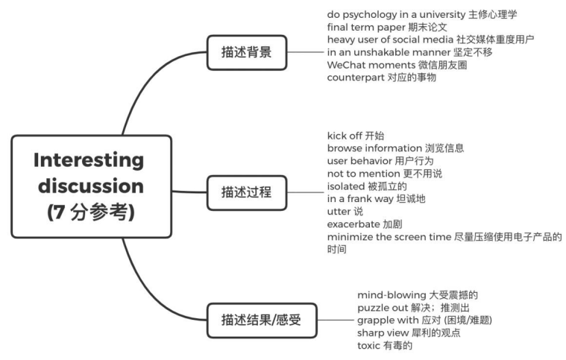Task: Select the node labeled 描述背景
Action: (x=246, y=52)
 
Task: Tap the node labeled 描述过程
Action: (x=246, y=192)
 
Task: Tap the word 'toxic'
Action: (x=371, y=346)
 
